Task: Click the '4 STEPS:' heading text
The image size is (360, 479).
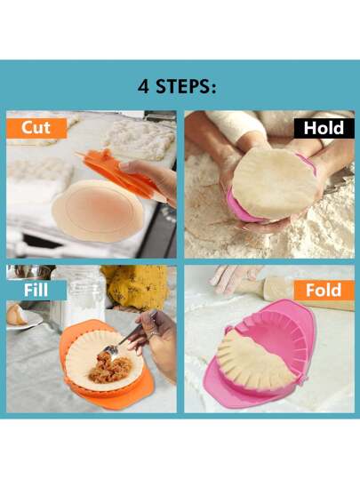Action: click(177, 87)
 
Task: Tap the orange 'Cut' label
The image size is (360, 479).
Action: click(36, 128)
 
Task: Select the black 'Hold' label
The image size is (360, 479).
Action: click(324, 129)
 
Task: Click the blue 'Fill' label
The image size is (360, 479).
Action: click(36, 291)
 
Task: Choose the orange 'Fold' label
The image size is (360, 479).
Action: click(324, 291)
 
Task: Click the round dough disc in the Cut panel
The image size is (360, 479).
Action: click(98, 211)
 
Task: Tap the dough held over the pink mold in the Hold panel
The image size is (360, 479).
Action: click(275, 184)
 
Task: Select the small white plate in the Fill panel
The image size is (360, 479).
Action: click(25, 321)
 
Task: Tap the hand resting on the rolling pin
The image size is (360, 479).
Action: click(234, 276)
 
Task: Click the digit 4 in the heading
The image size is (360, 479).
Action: click(143, 87)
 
